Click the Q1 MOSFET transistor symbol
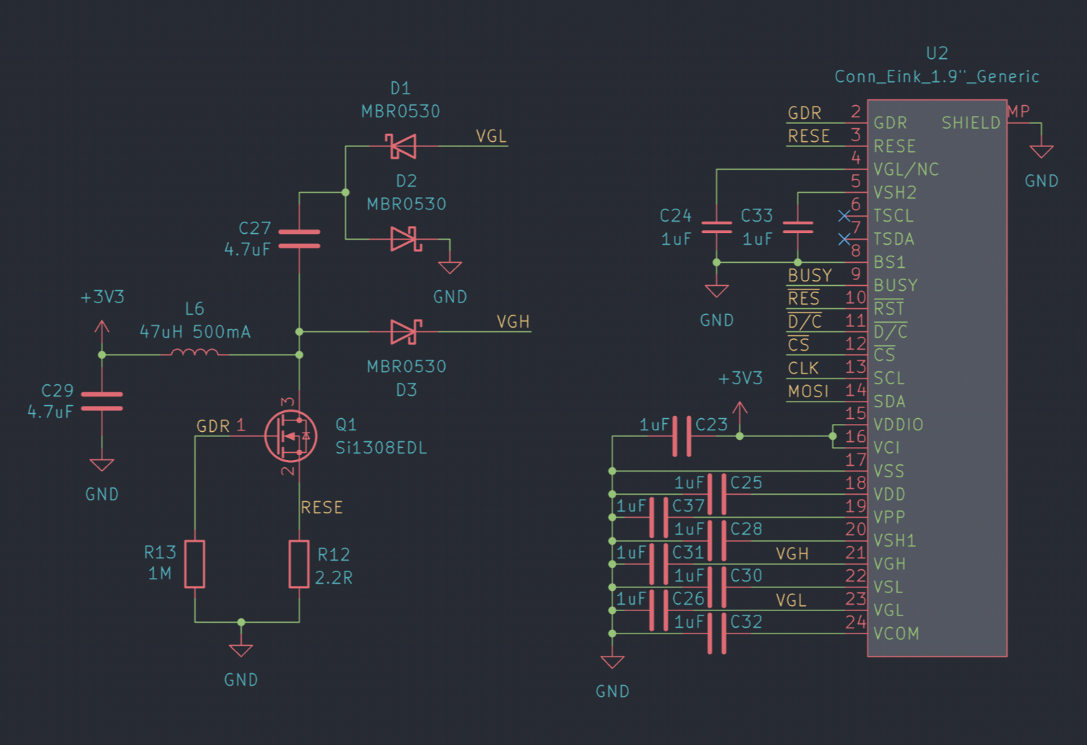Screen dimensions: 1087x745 click(x=291, y=435)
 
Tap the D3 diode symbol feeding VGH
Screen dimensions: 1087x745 click(x=406, y=332)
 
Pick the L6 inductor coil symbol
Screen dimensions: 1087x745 click(x=194, y=353)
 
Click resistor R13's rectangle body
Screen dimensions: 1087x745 click(x=194, y=564)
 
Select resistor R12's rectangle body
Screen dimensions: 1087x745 click(x=299, y=564)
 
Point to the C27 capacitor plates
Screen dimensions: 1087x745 click(x=299, y=239)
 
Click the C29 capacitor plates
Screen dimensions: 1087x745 click(x=102, y=402)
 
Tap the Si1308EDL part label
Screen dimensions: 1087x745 click(x=381, y=448)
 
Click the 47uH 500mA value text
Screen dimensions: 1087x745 click(x=195, y=332)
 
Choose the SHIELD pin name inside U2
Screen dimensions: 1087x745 click(x=971, y=123)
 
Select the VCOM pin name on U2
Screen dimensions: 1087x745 click(x=896, y=633)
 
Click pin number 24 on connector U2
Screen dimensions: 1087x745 click(x=855, y=622)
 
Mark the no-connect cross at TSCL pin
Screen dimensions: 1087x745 click(x=844, y=216)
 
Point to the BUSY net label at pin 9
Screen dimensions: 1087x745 click(x=810, y=275)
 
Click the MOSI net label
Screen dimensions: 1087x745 click(x=808, y=391)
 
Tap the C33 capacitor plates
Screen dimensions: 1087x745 click(x=798, y=227)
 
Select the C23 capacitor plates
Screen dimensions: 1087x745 click(x=682, y=435)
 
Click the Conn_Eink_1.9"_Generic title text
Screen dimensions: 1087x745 click(x=937, y=76)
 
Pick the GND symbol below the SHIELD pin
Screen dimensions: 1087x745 click(x=1042, y=151)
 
